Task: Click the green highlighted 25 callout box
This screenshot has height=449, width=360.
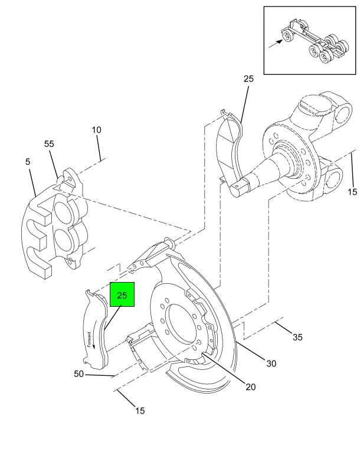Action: (122, 294)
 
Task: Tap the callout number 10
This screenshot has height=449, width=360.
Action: (97, 130)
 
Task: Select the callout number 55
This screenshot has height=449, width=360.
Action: (49, 144)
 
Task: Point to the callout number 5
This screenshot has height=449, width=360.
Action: (28, 162)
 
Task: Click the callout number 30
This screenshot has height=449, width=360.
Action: (271, 363)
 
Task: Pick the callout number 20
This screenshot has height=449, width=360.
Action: (251, 387)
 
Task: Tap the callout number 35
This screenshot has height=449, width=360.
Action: (297, 337)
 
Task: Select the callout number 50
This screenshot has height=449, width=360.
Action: (78, 374)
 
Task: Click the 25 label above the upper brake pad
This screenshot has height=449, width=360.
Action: (248, 78)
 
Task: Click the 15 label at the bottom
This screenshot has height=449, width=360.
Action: (140, 411)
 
